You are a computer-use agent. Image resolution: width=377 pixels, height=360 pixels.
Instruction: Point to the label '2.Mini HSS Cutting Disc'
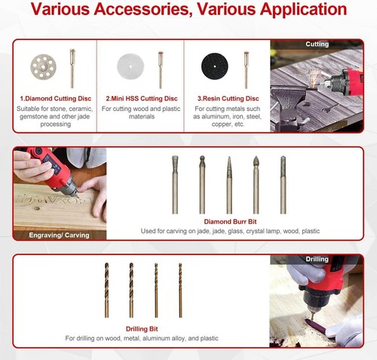pos(142,99)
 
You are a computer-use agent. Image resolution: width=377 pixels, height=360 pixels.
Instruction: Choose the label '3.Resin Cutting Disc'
pos(227,99)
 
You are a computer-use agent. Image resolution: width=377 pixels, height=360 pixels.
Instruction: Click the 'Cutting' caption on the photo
pos(317,45)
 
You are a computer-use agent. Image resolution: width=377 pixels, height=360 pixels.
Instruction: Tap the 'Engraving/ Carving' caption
pos(59,235)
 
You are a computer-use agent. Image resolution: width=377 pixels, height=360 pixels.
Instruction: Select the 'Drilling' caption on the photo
pos(317,260)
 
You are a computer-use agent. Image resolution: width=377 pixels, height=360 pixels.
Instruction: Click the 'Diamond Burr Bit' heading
pos(231,221)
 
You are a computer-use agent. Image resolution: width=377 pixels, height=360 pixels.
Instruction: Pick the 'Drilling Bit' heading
pos(142,329)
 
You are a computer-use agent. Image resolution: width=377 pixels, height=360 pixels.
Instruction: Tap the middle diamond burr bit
pos(229,184)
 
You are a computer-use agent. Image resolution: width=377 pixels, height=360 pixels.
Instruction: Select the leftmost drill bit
pos(107,288)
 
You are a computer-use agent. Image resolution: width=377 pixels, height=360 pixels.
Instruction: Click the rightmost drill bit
pos(180,288)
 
